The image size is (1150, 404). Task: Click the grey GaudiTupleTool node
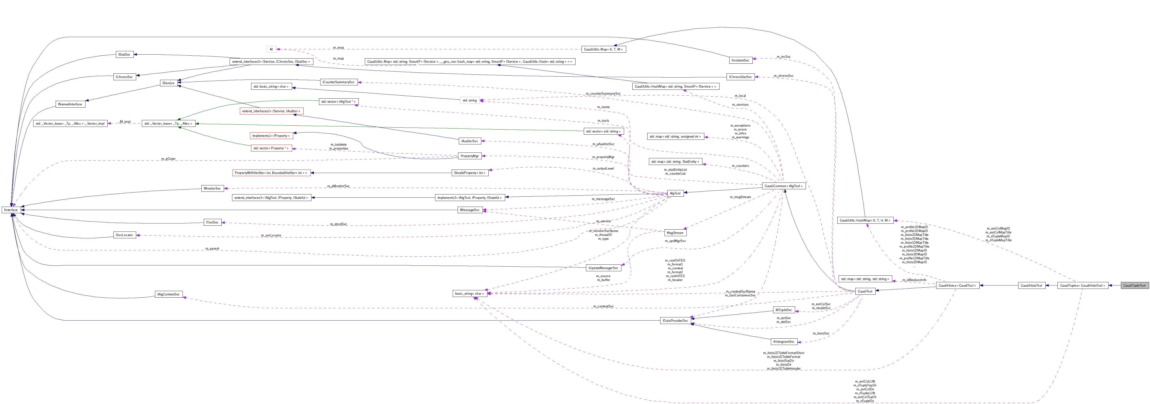pyautogui.click(x=1134, y=285)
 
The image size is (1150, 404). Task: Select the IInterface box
pyautogui.click(x=11, y=210)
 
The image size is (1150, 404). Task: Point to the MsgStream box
pyautogui.click(x=675, y=232)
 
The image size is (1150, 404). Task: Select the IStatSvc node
pyautogui.click(x=124, y=54)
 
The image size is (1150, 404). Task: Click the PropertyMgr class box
pyautogui.click(x=470, y=156)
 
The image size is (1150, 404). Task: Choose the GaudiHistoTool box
pyautogui.click(x=1031, y=285)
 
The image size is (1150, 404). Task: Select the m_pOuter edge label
pyautogui.click(x=169, y=159)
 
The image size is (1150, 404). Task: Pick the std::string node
pyautogui.click(x=470, y=101)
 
